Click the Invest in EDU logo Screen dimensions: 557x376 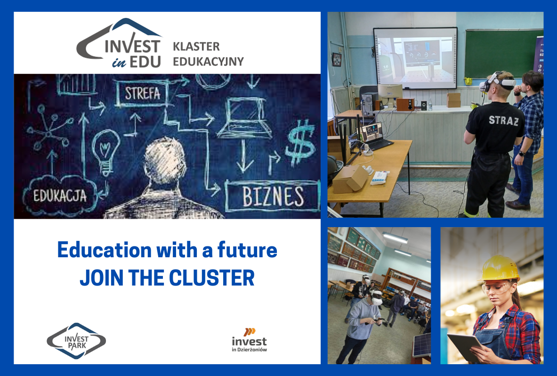coord(120,43)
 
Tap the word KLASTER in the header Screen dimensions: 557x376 coord(196,47)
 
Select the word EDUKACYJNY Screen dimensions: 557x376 coord(208,61)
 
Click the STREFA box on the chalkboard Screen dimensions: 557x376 coord(142,94)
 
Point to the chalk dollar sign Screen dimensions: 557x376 coord(300,142)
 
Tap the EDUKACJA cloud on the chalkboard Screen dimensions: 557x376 coord(60,196)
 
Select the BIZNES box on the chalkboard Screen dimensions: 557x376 coord(273,196)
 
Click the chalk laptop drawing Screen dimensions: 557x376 coord(244,118)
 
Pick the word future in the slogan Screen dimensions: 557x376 coord(247,250)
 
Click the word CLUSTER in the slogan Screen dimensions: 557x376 coord(212,278)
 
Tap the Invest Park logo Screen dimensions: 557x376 coord(76,341)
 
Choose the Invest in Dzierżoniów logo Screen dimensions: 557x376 coord(250,340)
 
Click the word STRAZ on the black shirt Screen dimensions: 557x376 coord(503,121)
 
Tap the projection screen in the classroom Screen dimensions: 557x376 coord(415,58)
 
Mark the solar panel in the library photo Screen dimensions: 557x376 coord(422,345)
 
